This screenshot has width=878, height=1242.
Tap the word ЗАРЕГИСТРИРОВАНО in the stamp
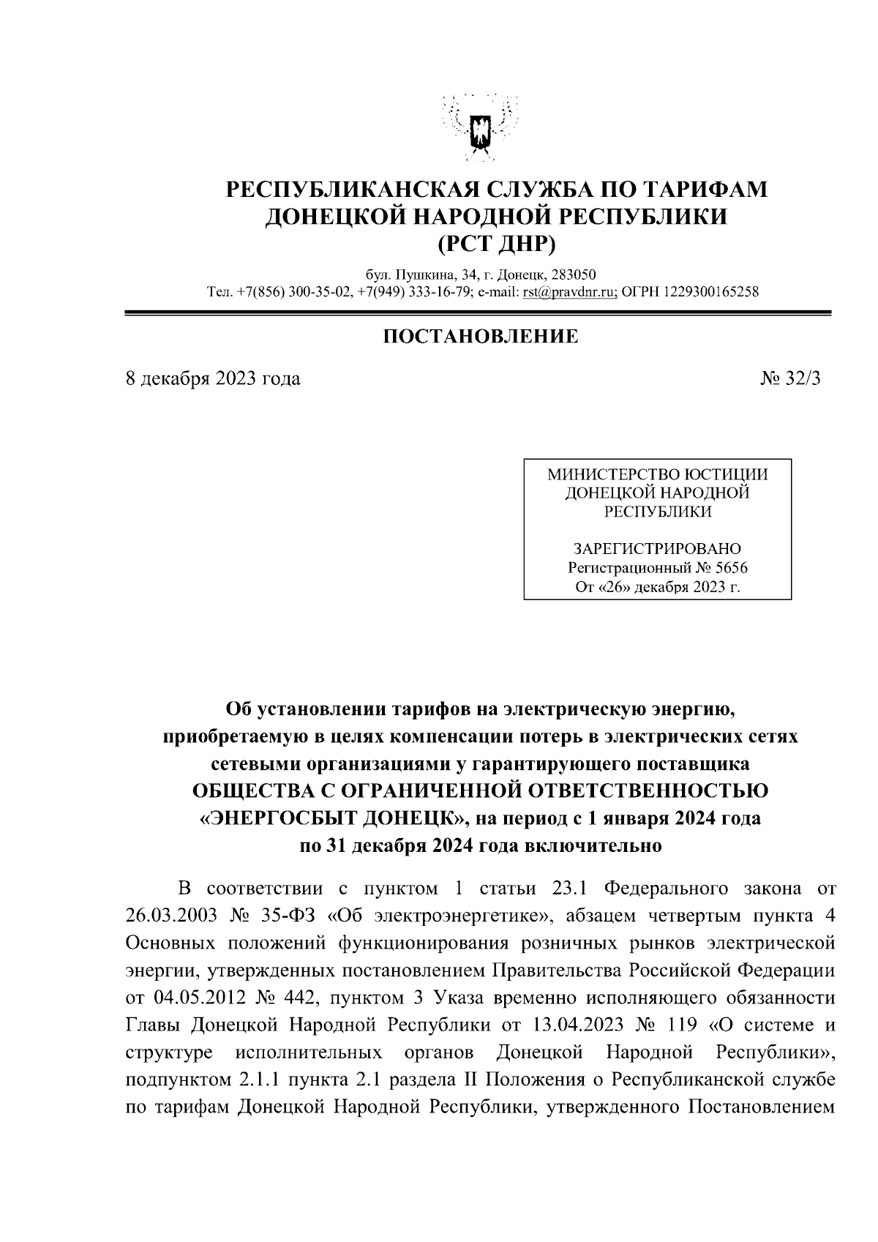657,549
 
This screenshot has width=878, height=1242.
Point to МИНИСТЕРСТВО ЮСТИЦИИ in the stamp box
657,475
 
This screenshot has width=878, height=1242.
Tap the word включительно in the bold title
593,846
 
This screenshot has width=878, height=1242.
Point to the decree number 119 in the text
683,1025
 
